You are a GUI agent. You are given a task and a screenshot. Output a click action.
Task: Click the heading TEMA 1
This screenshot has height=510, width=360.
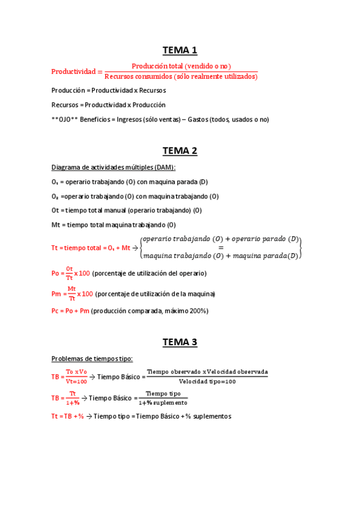[x=180, y=50]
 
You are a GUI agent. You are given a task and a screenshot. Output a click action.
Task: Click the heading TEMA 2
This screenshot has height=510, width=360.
[x=180, y=151]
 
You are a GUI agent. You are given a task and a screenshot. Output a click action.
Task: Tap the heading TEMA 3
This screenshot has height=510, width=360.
[x=180, y=342]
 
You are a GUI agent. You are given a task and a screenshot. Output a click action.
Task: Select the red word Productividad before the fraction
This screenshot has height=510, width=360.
[x=73, y=72]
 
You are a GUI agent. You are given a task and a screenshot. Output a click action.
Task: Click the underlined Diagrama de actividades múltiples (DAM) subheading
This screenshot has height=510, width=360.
[x=114, y=167]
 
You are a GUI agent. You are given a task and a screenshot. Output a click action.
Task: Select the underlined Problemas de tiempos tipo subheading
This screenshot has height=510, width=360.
[x=92, y=359]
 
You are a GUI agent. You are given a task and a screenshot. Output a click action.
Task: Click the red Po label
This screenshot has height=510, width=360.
[x=55, y=274]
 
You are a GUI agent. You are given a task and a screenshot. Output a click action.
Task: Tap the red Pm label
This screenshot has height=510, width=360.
[x=56, y=294]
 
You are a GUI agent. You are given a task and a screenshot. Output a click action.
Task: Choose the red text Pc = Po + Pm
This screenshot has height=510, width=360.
[x=70, y=311]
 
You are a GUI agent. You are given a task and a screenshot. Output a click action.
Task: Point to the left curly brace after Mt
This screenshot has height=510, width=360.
[x=141, y=247]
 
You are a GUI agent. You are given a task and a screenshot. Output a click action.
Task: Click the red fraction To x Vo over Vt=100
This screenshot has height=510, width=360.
[x=76, y=376]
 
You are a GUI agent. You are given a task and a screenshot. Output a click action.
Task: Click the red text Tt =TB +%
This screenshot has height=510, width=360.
[x=68, y=416]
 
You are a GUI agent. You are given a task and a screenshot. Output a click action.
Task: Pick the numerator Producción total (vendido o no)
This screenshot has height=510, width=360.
[x=181, y=66]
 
